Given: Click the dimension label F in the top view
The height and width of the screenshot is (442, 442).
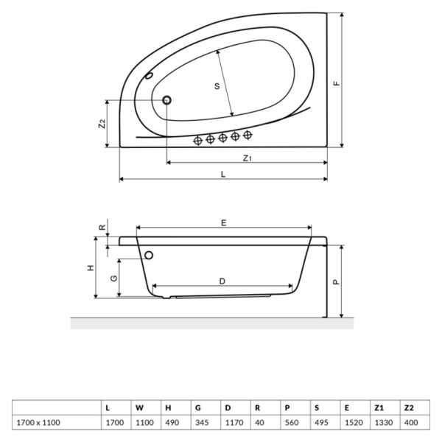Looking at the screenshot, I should click(x=336, y=83).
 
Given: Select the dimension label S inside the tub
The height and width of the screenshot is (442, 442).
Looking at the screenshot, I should click(x=217, y=86).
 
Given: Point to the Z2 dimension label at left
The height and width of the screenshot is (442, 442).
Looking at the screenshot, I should click(x=102, y=124).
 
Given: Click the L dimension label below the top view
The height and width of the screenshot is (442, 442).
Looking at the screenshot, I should click(x=223, y=174).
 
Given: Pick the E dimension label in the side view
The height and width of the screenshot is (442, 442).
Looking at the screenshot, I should click(x=223, y=222).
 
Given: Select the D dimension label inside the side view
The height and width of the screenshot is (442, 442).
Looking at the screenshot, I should click(x=222, y=280).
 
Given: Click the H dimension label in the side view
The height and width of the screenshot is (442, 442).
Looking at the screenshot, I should click(x=91, y=268).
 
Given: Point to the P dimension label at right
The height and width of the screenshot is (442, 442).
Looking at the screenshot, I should click(x=336, y=281).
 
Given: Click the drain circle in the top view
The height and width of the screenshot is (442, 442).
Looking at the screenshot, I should click(x=166, y=100).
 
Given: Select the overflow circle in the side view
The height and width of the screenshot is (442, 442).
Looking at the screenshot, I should click(x=150, y=256).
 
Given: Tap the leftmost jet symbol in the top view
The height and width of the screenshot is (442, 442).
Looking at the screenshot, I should click(x=197, y=140).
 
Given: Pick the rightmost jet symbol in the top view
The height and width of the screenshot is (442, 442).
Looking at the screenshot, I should click(x=248, y=135).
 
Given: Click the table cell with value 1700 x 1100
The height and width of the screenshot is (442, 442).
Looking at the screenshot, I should click(x=37, y=422).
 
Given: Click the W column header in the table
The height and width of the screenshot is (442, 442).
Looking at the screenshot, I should click(x=138, y=407).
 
